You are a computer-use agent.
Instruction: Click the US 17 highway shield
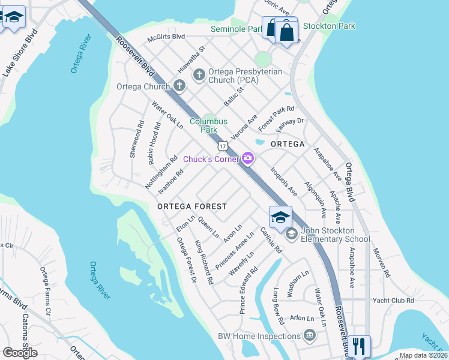(x=223, y=146)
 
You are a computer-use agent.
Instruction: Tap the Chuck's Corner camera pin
(x=248, y=158)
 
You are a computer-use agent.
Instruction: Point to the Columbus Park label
(x=208, y=125)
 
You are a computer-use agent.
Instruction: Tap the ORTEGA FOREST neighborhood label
(x=192, y=206)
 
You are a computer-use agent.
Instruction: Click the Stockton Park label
(x=329, y=26)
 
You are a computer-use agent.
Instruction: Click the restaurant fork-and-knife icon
(x=359, y=347)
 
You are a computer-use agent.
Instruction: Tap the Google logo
(x=20, y=353)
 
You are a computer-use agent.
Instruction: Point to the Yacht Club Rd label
(x=393, y=301)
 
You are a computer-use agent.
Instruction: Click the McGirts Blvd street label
(x=167, y=36)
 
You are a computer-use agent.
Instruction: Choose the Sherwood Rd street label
(x=137, y=140)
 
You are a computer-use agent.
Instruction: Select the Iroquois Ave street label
(x=283, y=182)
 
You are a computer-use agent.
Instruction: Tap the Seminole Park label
(x=235, y=29)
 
